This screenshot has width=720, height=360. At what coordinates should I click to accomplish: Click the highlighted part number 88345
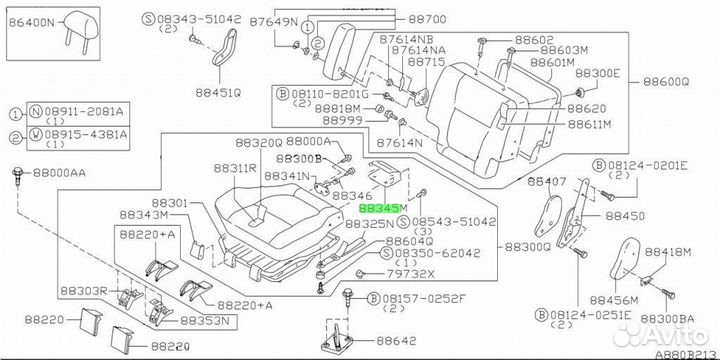tap(378, 209)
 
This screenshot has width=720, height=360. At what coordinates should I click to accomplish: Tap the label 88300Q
tap(527, 248)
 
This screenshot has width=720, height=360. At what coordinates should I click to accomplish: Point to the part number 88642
tap(396, 341)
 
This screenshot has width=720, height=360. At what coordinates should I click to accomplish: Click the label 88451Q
tap(218, 93)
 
